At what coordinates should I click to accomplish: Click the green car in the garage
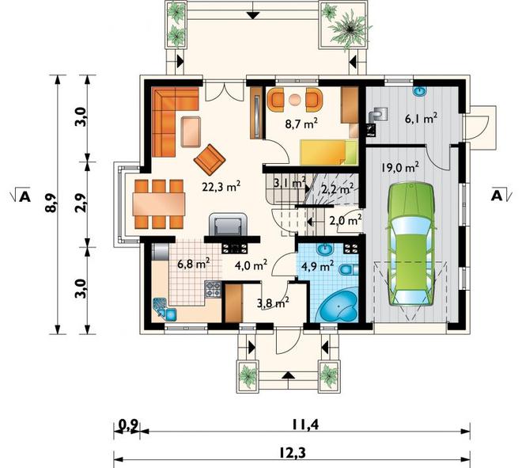pyautogui.click(x=412, y=244)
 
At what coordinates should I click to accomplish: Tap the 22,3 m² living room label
pyautogui.click(x=221, y=186)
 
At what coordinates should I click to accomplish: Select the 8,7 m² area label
pyautogui.click(x=301, y=124)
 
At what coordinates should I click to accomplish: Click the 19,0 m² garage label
pyautogui.click(x=400, y=167)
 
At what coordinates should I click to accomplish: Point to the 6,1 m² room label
pyautogui.click(x=421, y=118)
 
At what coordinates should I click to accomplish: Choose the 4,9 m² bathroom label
pyautogui.click(x=317, y=266)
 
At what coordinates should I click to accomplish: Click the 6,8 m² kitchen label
pyautogui.click(x=193, y=264)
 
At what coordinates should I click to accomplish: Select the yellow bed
pyautogui.click(x=329, y=152)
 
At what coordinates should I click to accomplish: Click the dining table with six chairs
pyautogui.click(x=159, y=204)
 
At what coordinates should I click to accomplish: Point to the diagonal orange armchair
pyautogui.click(x=210, y=160)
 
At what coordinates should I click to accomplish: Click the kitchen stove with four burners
pyautogui.click(x=213, y=289)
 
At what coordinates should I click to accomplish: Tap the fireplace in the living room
pyautogui.click(x=229, y=225)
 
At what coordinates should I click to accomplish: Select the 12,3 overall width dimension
pyautogui.click(x=292, y=453)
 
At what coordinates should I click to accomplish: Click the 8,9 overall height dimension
pyautogui.click(x=52, y=203)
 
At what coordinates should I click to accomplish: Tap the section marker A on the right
pyautogui.click(x=500, y=196)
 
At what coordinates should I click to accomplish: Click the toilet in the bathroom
pyautogui.click(x=348, y=269)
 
